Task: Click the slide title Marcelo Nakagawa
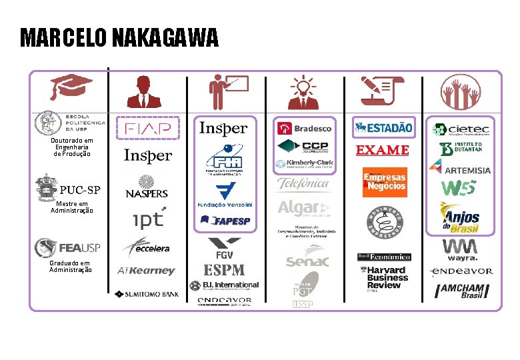point(119,38)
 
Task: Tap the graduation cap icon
point(71,87)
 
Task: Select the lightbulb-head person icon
point(303,93)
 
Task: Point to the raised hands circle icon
point(460,92)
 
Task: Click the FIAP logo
point(148,128)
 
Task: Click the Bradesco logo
point(305,128)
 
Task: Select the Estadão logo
point(383,127)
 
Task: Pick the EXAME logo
point(382,150)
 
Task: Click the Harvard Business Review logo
point(383,277)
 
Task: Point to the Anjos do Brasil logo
point(460,217)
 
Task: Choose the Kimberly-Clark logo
point(305,163)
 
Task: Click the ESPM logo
point(224,270)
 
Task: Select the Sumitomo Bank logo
point(147,293)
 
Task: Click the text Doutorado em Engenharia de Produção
point(72,147)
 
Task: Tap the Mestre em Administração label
point(72,207)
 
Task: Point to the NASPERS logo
point(147,187)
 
